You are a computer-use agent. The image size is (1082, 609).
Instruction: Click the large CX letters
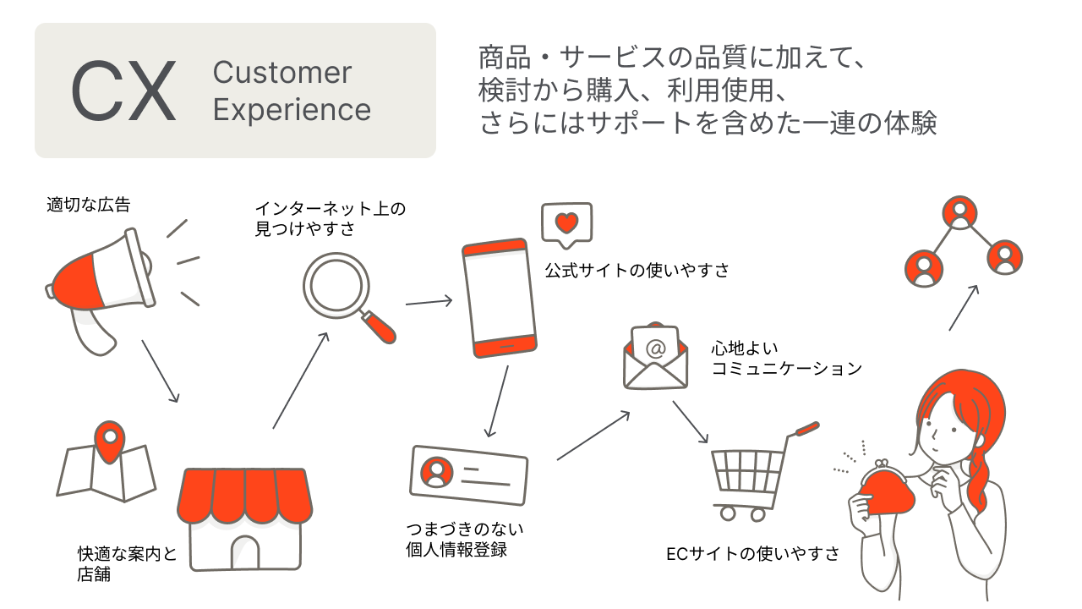[x=123, y=91]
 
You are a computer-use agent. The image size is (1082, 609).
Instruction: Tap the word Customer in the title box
[x=281, y=73]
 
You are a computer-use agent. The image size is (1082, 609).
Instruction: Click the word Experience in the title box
[x=292, y=110]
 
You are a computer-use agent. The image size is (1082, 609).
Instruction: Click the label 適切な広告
[x=89, y=204]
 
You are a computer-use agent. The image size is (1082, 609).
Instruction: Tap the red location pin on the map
[x=109, y=441]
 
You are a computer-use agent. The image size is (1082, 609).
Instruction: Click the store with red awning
[x=244, y=516]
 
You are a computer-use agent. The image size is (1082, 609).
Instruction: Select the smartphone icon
[x=499, y=299]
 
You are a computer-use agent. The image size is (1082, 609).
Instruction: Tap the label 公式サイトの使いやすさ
[x=637, y=271]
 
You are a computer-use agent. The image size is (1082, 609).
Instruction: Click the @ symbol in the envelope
[x=655, y=348]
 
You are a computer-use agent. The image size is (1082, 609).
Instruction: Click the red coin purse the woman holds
[x=883, y=491]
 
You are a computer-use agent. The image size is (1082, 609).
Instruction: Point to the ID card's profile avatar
[x=437, y=472]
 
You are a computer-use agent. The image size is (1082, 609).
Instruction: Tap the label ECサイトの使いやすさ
[x=753, y=554]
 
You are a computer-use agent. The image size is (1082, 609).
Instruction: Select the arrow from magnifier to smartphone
[x=429, y=301]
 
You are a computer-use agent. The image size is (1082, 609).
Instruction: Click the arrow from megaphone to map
[x=161, y=371]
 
